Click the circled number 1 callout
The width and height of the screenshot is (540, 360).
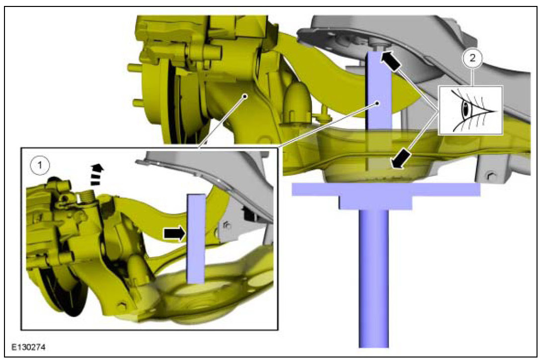click(40, 165)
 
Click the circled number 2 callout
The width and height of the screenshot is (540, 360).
click(472, 58)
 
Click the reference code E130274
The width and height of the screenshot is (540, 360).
click(29, 347)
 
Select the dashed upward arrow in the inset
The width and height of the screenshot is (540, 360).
click(96, 175)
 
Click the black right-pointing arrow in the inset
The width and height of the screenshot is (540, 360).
click(174, 234)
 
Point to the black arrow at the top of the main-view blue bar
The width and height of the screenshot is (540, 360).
click(390, 60)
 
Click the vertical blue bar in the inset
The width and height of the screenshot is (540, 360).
click(196, 238)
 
